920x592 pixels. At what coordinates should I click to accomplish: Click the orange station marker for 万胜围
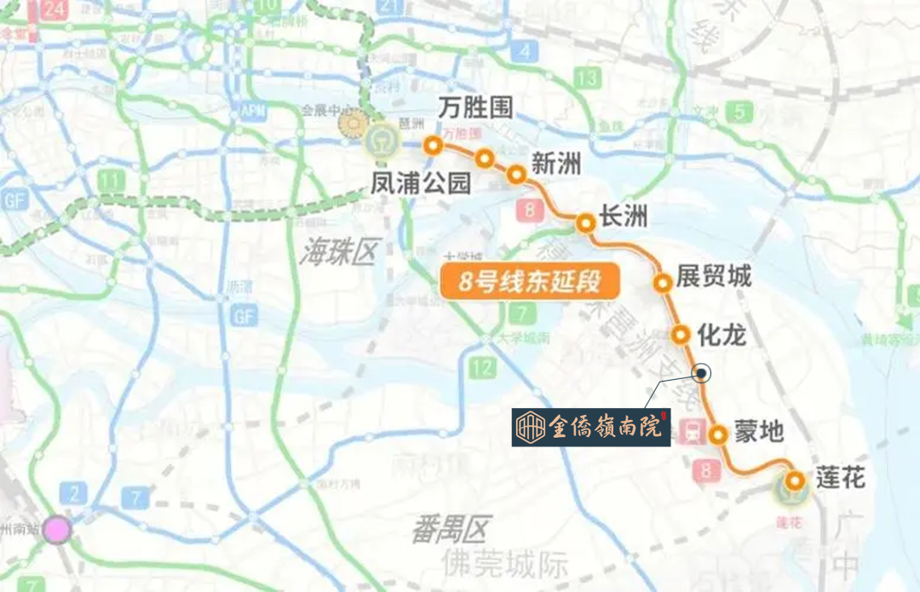tap(433, 145)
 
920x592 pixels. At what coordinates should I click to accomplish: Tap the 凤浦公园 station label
tap(422, 181)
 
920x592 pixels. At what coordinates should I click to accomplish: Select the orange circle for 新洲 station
tap(516, 175)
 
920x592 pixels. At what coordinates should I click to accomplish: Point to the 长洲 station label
tap(624, 217)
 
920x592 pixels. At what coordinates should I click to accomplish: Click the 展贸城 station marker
tap(662, 282)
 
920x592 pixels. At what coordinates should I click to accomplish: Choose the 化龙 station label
tap(721, 335)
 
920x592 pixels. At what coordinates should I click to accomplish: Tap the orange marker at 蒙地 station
tap(719, 434)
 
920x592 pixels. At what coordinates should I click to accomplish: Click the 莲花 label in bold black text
tap(840, 478)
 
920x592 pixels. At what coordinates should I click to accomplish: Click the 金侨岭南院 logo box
tap(591, 427)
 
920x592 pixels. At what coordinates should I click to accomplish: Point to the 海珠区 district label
tap(338, 252)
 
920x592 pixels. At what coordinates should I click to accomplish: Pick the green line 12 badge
tap(482, 369)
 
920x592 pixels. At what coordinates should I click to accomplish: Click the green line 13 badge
tap(587, 78)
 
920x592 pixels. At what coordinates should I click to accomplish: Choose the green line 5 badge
tap(742, 112)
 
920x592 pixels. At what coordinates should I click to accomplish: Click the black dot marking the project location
tap(702, 373)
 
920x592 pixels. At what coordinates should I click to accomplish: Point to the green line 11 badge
tap(110, 181)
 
